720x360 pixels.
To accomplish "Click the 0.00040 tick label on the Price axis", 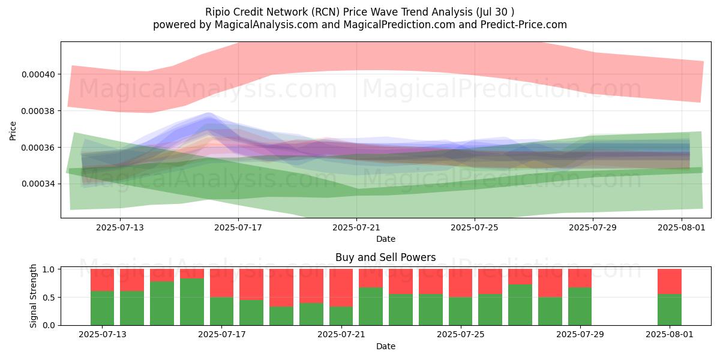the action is pyautogui.click(x=38, y=74).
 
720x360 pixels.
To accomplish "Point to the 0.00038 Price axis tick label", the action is pyautogui.click(x=38, y=111).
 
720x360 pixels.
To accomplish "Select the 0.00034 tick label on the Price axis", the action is pyautogui.click(x=38, y=184).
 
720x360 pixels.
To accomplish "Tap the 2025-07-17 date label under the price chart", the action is pyautogui.click(x=238, y=227).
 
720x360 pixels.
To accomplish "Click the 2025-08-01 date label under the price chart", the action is pyautogui.click(x=682, y=227).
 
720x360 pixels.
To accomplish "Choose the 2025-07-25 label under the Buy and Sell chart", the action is pyautogui.click(x=461, y=335).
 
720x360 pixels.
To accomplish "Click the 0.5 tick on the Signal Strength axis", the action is pyautogui.click(x=49, y=298).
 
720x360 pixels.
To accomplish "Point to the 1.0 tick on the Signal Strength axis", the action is pyautogui.click(x=49, y=269).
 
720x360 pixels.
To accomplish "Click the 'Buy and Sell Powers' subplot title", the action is pyautogui.click(x=386, y=257).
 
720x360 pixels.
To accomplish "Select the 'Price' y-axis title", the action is pyautogui.click(x=13, y=131).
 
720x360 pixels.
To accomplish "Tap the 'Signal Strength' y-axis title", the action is pyautogui.click(x=33, y=296).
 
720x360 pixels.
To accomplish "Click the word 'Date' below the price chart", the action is pyautogui.click(x=386, y=239).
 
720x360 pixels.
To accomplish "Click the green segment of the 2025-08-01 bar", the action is pyautogui.click(x=670, y=310).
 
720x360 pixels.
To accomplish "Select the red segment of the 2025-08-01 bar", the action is pyautogui.click(x=670, y=281).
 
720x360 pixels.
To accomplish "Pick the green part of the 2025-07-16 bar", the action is pyautogui.click(x=192, y=302).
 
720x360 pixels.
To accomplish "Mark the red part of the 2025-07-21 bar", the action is pyautogui.click(x=341, y=287).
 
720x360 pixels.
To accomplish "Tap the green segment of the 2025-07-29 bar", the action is pyautogui.click(x=580, y=307).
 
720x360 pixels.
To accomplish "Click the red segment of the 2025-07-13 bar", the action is pyautogui.click(x=102, y=280).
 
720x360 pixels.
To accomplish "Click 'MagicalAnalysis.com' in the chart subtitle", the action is pyautogui.click(x=266, y=25).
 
